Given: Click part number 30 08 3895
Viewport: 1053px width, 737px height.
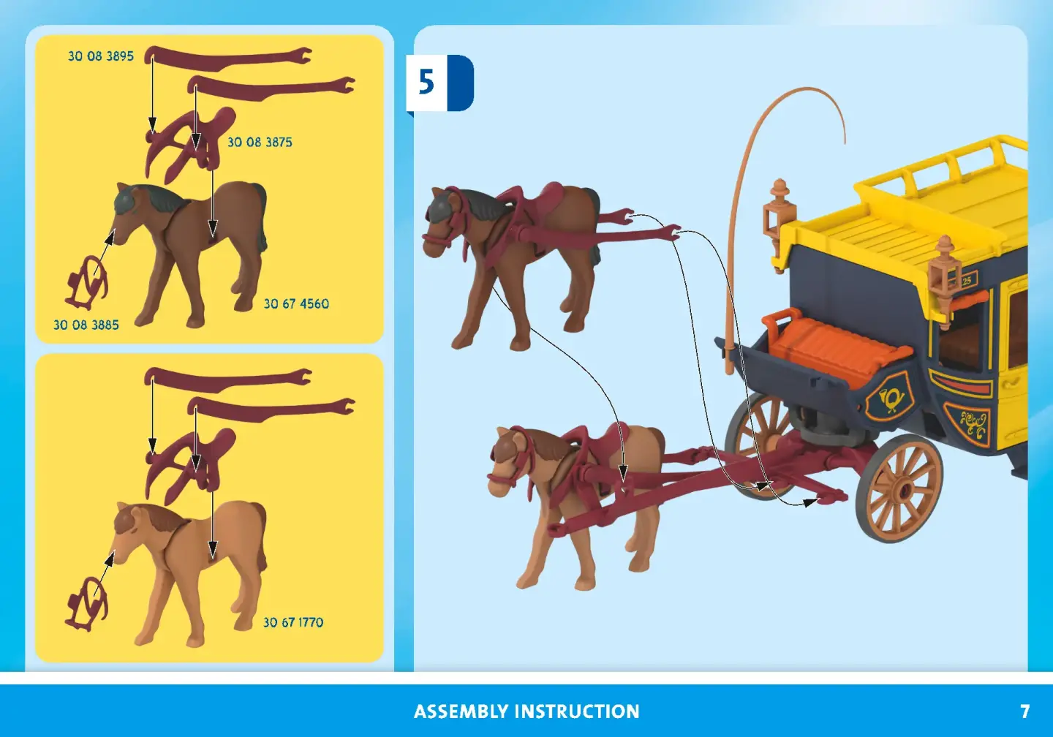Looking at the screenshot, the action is [x=101, y=56].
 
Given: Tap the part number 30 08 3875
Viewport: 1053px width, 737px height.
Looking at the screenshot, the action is [x=260, y=143].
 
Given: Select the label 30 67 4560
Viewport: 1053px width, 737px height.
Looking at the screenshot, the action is [x=296, y=304].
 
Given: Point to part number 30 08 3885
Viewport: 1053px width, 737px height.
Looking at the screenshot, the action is [x=86, y=325].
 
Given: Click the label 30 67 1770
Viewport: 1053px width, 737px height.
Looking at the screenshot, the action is [x=293, y=623].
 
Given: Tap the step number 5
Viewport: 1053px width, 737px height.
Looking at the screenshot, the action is [x=426, y=82].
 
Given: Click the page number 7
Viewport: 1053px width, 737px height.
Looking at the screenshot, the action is [x=1024, y=711].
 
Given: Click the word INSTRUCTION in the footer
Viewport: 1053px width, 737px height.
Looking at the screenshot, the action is [x=577, y=711].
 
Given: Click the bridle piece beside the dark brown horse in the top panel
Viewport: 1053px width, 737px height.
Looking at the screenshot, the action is [x=88, y=281].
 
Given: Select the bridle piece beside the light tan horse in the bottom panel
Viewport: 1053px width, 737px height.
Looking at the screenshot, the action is [x=88, y=604].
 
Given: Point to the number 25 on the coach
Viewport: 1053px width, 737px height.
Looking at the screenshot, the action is [x=966, y=281].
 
